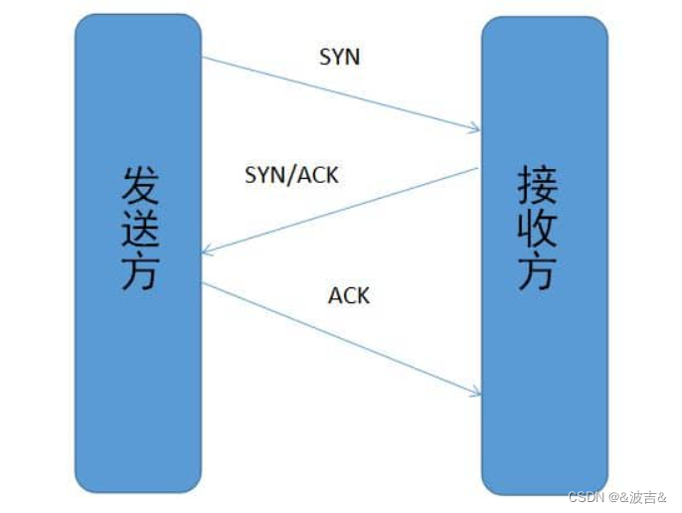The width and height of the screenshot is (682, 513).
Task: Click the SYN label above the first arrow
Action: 339,57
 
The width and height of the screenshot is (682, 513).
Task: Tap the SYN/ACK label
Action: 291,175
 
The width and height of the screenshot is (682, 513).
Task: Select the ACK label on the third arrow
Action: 349,295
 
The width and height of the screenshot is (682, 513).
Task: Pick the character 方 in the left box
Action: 139,270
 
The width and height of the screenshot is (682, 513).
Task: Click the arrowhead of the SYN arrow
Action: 477,129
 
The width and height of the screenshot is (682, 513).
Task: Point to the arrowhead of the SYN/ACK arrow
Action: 204,252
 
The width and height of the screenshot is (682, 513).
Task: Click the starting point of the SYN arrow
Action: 203,58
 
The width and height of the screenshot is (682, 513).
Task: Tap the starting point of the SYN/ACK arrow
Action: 479,169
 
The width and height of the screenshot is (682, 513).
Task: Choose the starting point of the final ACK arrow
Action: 203,282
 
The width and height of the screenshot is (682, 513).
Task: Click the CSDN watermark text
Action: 587,496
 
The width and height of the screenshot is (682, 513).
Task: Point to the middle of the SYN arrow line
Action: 340,93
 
